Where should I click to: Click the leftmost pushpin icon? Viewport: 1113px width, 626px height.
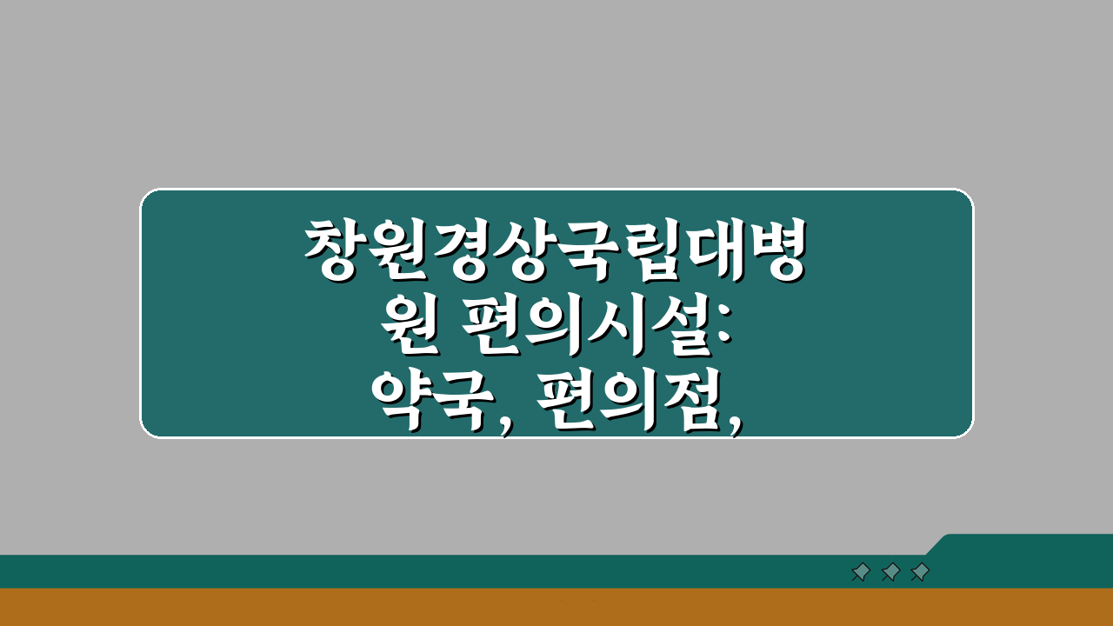tap(861, 572)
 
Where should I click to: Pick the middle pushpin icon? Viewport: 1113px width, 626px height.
tap(890, 572)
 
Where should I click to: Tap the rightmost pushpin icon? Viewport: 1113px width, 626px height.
tap(919, 572)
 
